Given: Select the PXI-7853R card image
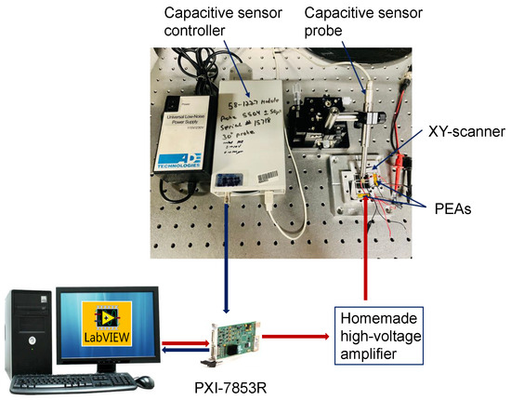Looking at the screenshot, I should (226, 340).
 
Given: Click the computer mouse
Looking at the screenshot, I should (150, 381).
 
